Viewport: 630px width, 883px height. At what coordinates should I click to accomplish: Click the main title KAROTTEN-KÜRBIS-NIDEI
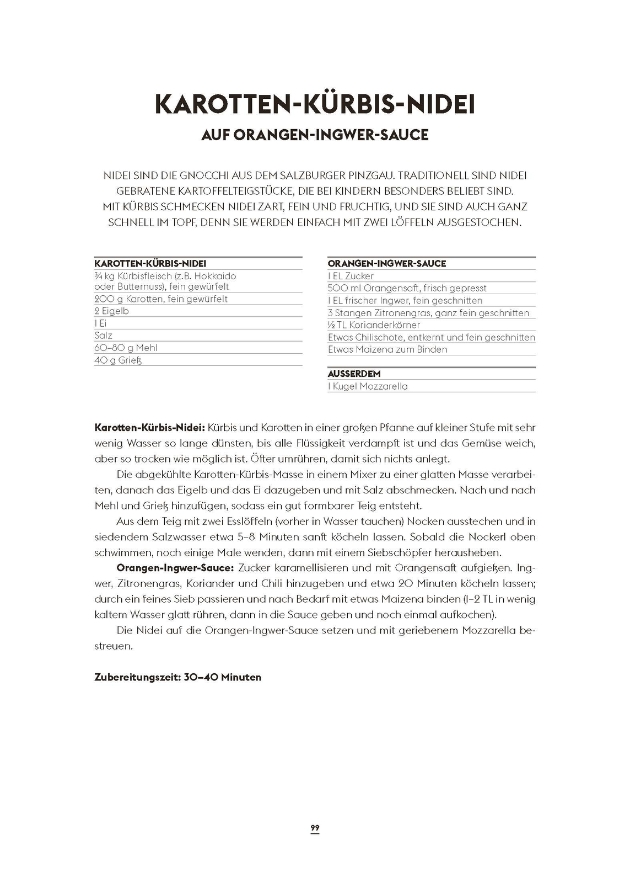pyautogui.click(x=315, y=104)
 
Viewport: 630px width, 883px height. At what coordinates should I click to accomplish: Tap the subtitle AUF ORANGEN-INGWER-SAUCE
pyautogui.click(x=315, y=135)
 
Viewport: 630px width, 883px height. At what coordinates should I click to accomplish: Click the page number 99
pyautogui.click(x=315, y=828)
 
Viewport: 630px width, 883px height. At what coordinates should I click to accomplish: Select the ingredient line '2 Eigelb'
pyautogui.click(x=111, y=311)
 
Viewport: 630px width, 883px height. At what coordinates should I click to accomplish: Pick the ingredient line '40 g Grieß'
pyautogui.click(x=118, y=360)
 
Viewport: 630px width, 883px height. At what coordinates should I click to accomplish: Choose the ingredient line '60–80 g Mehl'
pyautogui.click(x=126, y=348)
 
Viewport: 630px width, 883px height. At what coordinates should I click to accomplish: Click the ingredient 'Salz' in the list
pyautogui.click(x=103, y=336)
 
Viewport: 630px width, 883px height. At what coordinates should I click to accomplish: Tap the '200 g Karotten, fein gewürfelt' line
pyautogui.click(x=161, y=299)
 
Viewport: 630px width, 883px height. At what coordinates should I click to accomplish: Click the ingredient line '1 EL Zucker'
pyautogui.click(x=351, y=276)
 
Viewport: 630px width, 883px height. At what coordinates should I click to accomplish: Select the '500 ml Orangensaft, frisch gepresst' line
pyautogui.click(x=407, y=288)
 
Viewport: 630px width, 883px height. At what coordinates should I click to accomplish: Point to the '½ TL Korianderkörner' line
pyautogui.click(x=374, y=325)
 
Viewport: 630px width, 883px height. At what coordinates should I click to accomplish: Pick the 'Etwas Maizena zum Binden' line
pyautogui.click(x=387, y=349)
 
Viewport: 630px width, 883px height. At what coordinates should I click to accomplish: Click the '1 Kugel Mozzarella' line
pyautogui.click(x=368, y=386)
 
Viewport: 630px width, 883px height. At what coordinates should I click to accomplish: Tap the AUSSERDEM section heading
pyautogui.click(x=354, y=374)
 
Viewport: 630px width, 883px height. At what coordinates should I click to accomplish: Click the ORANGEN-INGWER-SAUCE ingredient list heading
pyautogui.click(x=386, y=264)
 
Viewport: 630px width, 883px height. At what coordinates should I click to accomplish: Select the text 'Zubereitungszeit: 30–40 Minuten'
pyautogui.click(x=177, y=677)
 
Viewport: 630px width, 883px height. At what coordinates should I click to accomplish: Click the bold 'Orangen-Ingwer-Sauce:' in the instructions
pyautogui.click(x=175, y=568)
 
